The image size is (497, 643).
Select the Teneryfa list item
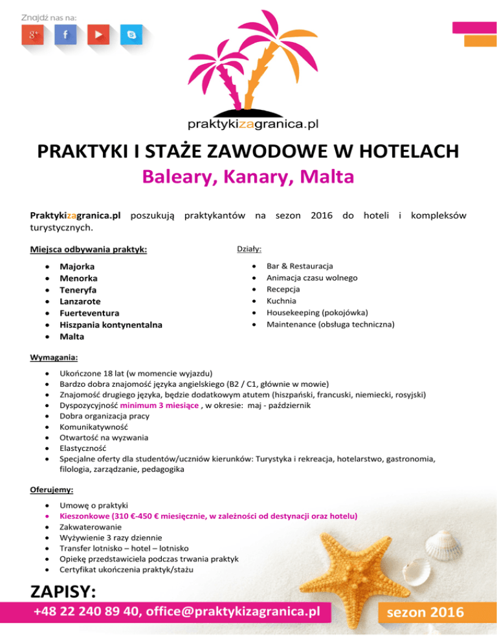(x=78, y=289)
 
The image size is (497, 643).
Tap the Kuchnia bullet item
(x=282, y=301)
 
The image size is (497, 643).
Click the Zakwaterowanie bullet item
(x=89, y=527)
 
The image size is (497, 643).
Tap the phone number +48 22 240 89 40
(x=87, y=612)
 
